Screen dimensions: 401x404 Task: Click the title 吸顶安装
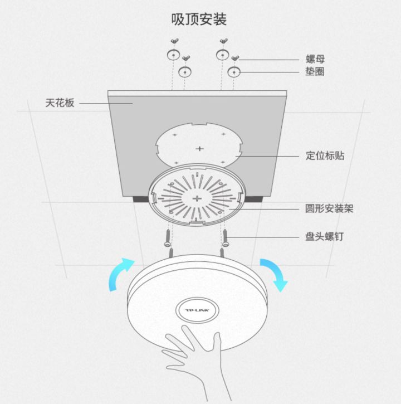(199, 20)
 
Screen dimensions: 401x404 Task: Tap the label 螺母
(315, 59)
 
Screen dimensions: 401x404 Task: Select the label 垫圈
(315, 71)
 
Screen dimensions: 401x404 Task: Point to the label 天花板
(60, 103)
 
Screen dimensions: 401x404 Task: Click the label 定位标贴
(325, 155)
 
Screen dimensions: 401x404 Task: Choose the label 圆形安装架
(329, 208)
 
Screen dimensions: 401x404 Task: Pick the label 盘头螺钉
(325, 236)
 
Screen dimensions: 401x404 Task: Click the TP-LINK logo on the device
(197, 310)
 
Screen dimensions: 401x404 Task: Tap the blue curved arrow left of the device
(120, 273)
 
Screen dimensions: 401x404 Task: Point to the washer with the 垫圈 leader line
(234, 72)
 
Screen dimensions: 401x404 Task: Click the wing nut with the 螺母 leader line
(235, 58)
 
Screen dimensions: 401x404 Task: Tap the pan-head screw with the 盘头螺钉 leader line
(226, 238)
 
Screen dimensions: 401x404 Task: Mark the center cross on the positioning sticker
(199, 149)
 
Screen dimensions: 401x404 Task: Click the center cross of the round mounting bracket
(197, 198)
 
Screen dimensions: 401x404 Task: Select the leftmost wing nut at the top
(175, 41)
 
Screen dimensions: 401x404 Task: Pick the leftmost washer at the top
(173, 55)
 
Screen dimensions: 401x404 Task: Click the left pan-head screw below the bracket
(168, 238)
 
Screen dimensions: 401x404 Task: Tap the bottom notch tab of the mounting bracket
(196, 221)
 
